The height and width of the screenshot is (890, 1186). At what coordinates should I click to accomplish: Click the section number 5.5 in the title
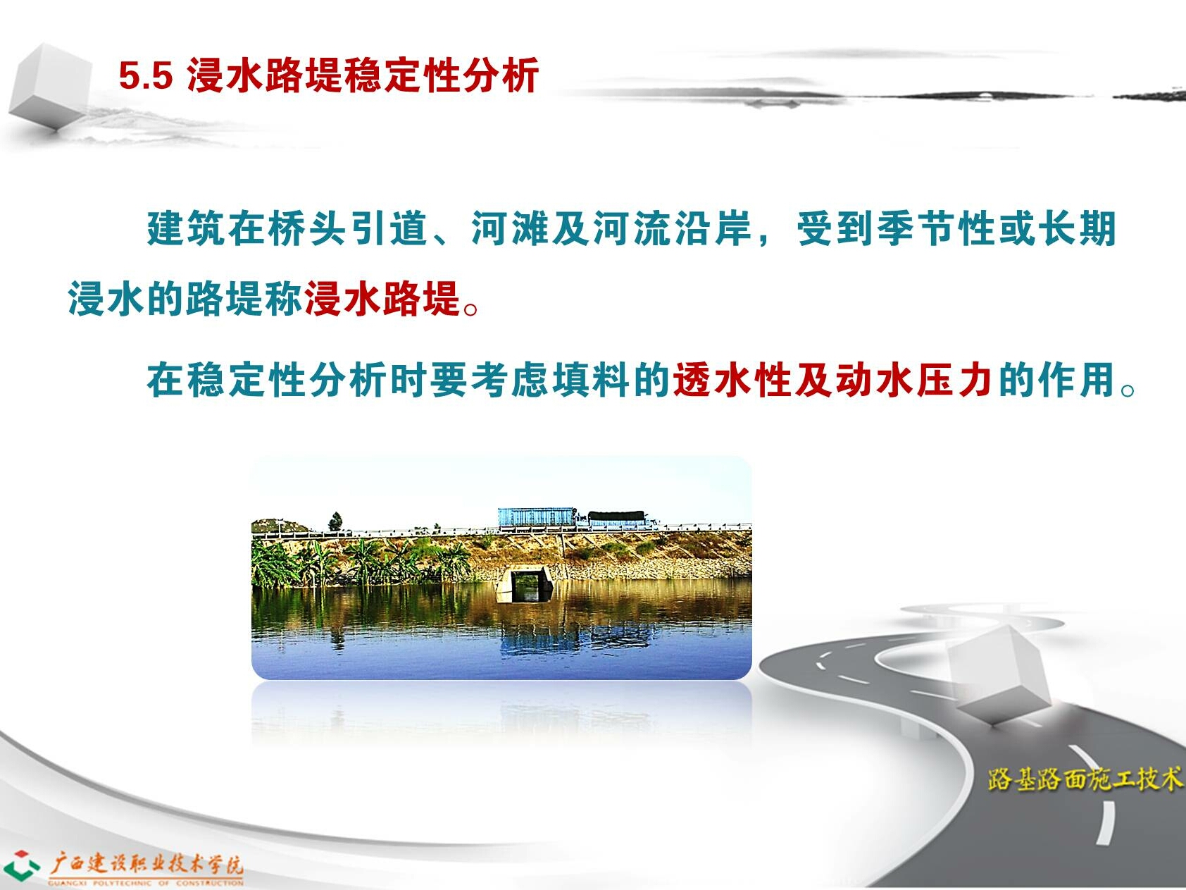[x=145, y=75]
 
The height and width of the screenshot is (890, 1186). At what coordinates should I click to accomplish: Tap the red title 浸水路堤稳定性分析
[x=363, y=75]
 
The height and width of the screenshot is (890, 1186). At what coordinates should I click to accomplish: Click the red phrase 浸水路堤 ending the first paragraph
[x=382, y=298]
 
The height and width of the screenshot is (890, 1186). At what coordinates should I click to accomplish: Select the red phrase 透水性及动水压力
[x=832, y=381]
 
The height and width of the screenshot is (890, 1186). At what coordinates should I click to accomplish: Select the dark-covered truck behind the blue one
[x=617, y=519]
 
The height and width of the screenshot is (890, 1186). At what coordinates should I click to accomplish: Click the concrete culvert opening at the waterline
[x=525, y=584]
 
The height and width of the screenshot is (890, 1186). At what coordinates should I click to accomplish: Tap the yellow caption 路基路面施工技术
[x=1085, y=779]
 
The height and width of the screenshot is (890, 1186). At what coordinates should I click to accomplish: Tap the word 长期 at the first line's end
[x=1077, y=228]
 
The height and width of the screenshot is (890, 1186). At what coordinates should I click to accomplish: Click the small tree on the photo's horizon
[x=335, y=521]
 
